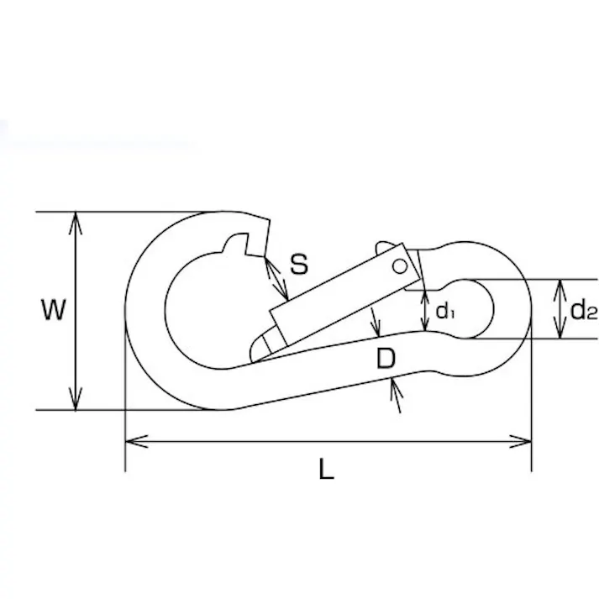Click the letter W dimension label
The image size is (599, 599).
pyautogui.click(x=54, y=310)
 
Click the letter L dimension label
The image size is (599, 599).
pyautogui.click(x=326, y=469)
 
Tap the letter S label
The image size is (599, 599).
pyautogui.click(x=299, y=264)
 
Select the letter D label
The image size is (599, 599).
pyautogui.click(x=386, y=359)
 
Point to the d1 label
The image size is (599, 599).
pyautogui.click(x=445, y=312)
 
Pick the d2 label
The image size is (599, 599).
pyautogui.click(x=583, y=310)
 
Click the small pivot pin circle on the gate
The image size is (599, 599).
pyautogui.click(x=400, y=266)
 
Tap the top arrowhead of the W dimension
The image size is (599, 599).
pyautogui.click(x=76, y=223)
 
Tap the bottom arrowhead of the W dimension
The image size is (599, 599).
pyautogui.click(x=76, y=398)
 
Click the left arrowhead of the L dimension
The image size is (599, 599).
pyautogui.click(x=137, y=441)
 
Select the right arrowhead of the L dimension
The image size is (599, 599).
pyautogui.click(x=520, y=441)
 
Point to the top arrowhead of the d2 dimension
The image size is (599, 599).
pyautogui.click(x=560, y=291)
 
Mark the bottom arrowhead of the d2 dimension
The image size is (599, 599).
pyautogui.click(x=560, y=328)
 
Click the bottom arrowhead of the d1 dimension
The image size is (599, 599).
pyautogui.click(x=425, y=321)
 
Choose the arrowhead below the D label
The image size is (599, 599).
pyautogui.click(x=396, y=389)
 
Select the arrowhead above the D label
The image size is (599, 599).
pyautogui.click(x=376, y=327)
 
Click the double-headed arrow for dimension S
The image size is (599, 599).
pyautogui.click(x=276, y=278)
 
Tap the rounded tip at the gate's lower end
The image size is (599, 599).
pyautogui.click(x=260, y=348)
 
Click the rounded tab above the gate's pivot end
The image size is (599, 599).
pyautogui.click(x=385, y=247)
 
